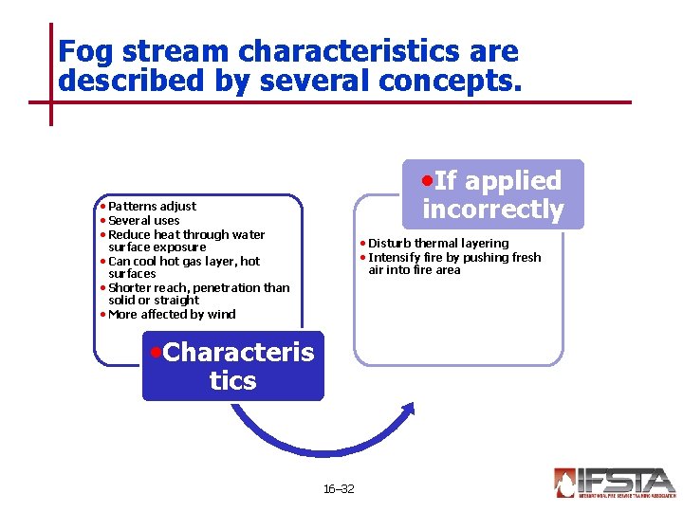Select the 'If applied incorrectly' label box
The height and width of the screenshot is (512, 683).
pos(492,194)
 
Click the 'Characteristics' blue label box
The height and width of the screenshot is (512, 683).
pos(232,366)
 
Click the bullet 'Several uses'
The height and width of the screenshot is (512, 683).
pos(143,220)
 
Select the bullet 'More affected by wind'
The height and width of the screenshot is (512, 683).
pos(172,314)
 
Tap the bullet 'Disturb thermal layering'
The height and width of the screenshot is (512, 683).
pos(437,243)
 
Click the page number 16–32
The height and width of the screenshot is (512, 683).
pos(339,488)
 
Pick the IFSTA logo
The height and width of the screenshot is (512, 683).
pos(615,482)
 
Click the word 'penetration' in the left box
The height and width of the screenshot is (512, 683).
pos(227,287)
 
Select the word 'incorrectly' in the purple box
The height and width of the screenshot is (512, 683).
pos(492,209)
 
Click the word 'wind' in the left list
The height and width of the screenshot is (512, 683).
pos(223,314)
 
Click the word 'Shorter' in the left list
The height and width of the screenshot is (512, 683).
pos(130,287)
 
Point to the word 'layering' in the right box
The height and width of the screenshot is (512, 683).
pos(484,243)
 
